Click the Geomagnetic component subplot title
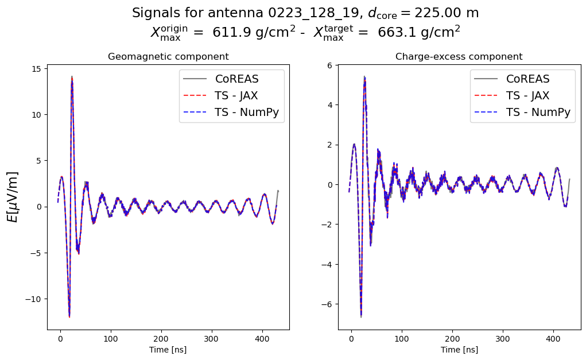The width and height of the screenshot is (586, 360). (168, 57)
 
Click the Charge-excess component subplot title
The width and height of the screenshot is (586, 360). (459, 57)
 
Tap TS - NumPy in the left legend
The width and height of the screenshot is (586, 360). (247, 113)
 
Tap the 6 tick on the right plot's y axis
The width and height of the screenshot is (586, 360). (331, 65)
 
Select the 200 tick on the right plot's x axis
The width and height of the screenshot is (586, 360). (452, 339)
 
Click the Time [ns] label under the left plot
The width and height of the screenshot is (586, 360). (168, 350)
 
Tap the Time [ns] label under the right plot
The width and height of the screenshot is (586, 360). (459, 350)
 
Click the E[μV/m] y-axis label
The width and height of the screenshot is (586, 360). (12, 197)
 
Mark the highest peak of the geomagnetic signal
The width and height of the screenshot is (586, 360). (72, 77)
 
